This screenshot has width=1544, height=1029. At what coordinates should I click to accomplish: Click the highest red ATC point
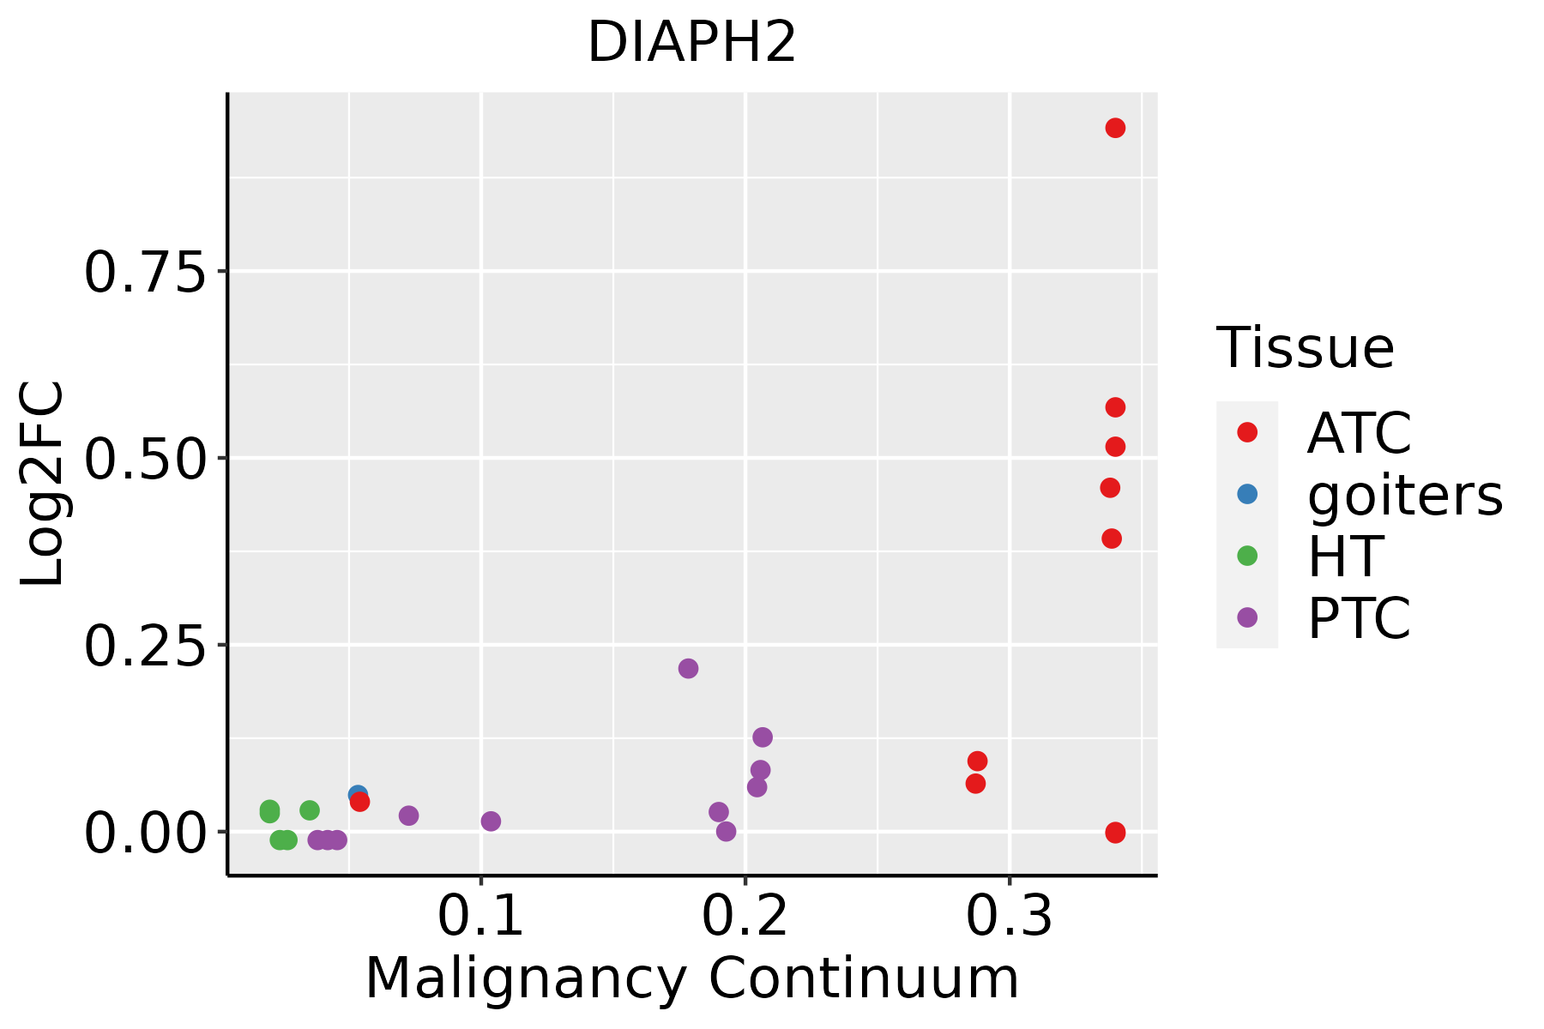point(1115,129)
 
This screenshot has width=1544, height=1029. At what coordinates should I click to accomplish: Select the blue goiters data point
point(357,794)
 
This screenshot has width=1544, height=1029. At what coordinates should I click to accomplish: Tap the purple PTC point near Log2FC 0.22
point(688,669)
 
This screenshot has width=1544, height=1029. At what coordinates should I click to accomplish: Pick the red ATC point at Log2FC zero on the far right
point(1115,833)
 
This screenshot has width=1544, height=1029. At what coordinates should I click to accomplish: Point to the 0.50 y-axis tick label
point(146,460)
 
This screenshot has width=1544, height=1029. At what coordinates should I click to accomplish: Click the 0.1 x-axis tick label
point(480,917)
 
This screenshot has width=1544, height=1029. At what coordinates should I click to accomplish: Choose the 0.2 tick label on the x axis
point(745,917)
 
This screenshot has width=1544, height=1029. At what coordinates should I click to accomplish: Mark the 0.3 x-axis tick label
point(1009,917)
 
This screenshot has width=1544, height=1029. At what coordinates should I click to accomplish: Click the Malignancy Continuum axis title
point(691,978)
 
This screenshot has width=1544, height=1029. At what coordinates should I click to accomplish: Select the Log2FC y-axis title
point(43,484)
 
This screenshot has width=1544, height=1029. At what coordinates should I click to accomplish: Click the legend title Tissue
point(1305,348)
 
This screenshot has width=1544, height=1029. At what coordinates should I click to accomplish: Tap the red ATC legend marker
point(1247,432)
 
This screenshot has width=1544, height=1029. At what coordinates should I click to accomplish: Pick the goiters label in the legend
point(1405,495)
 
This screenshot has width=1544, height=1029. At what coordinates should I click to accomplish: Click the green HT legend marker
point(1247,556)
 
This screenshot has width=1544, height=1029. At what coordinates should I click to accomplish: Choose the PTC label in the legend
point(1359,618)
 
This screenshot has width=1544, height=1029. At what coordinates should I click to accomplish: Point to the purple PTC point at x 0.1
point(491,821)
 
